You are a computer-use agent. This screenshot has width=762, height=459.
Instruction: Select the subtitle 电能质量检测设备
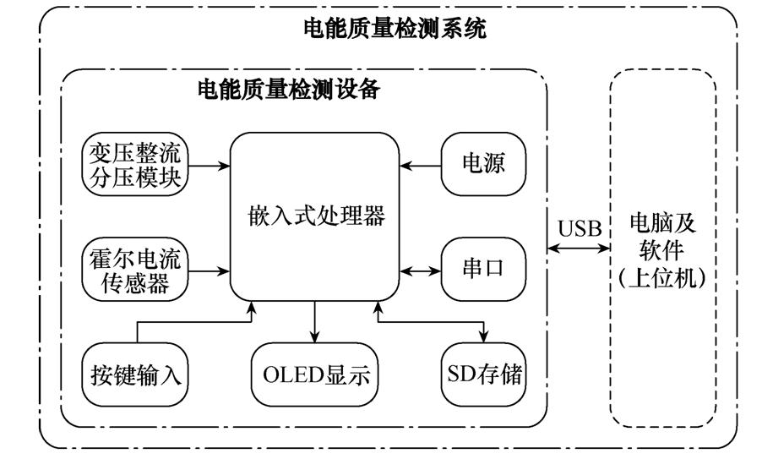click(288, 89)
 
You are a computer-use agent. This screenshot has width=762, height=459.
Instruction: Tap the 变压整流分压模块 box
click(136, 165)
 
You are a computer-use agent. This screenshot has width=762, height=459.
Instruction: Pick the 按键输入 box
click(136, 374)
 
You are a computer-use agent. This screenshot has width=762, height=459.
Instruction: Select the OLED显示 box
click(314, 374)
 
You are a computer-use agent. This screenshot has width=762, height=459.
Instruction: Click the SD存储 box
click(483, 374)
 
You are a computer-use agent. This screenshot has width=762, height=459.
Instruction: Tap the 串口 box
click(483, 270)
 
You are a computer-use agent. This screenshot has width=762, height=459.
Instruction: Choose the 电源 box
click(483, 165)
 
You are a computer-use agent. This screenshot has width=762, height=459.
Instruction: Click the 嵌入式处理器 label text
click(314, 216)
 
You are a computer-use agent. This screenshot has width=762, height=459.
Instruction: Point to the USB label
click(580, 228)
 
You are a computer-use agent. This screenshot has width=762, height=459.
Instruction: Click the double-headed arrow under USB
click(580, 249)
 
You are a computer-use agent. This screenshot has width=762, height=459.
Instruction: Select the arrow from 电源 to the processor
click(421, 165)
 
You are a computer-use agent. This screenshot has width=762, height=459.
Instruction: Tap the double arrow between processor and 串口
click(421, 270)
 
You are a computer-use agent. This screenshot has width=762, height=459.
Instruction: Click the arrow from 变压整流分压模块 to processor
click(210, 165)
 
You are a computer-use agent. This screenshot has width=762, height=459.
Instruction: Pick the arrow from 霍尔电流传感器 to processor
click(210, 270)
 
